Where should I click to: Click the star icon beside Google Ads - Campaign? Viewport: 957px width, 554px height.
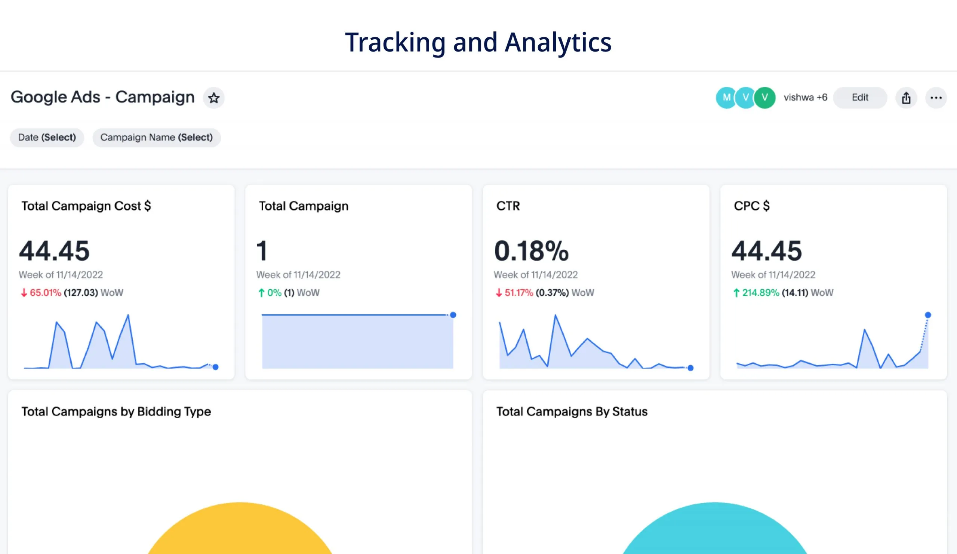(214, 98)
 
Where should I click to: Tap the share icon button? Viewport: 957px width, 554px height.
(906, 98)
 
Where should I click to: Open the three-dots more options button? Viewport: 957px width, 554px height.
(936, 98)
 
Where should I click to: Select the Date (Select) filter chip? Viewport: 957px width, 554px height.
(47, 138)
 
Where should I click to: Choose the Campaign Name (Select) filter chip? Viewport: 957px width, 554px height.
(157, 138)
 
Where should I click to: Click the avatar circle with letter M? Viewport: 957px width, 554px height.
(726, 98)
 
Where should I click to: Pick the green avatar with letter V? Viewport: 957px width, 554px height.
(765, 98)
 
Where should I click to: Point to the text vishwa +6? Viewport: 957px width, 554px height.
(805, 98)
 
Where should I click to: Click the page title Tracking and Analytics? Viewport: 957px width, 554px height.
(478, 42)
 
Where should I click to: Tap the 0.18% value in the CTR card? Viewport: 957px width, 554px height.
(531, 251)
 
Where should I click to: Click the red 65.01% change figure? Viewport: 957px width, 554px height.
(45, 293)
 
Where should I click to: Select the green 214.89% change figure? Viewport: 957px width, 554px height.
(760, 293)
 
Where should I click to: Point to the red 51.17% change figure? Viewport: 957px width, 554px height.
(518, 293)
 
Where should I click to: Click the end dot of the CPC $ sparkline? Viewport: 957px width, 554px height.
(928, 315)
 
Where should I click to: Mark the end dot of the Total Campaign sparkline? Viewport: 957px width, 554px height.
(453, 315)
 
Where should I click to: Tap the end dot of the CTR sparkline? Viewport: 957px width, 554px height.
(690, 368)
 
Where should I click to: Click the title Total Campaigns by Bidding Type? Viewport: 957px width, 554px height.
(116, 412)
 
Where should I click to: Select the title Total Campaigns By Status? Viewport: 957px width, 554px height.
(572, 412)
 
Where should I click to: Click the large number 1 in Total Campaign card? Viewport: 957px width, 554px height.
(262, 251)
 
